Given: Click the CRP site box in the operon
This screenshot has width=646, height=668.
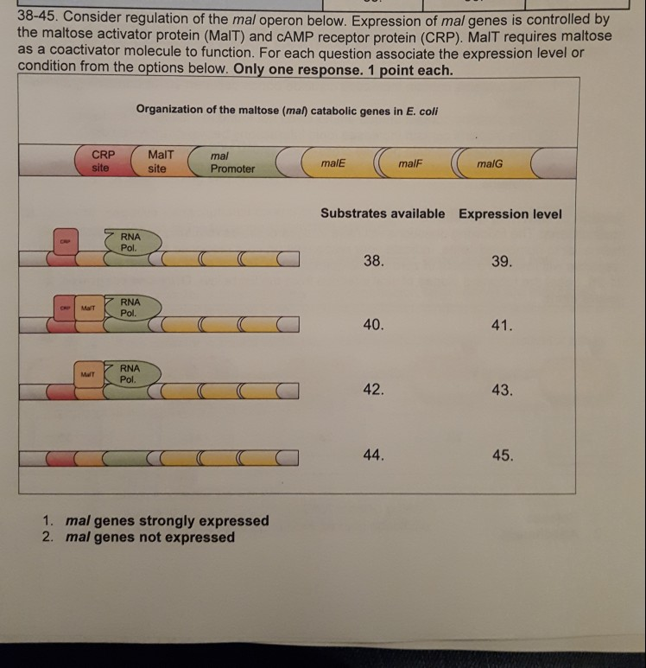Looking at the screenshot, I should pos(101,162).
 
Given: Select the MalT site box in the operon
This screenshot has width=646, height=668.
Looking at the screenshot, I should pos(159,162).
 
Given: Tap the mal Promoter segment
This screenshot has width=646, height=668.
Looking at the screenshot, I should pos(231,162).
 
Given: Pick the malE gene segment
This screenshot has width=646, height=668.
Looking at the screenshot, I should pos(332,162).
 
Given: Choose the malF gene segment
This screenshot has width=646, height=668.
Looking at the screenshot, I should pos(412,162).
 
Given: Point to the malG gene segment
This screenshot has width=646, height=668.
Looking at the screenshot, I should pos(490,162).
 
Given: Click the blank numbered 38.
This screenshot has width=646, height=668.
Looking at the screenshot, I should pos(373,260).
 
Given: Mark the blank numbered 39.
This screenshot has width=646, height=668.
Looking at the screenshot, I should pos(502,260).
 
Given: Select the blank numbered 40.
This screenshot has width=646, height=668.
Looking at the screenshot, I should pos(373,325).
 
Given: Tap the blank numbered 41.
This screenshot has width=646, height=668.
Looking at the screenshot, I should pos(502,326).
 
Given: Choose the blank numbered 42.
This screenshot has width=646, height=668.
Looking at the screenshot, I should pos(373,390).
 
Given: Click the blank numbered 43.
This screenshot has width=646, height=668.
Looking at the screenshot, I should pos(502,391).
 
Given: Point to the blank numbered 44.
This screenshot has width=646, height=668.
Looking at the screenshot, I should pos(373,455).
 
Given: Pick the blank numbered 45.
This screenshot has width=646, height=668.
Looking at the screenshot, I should pos(502,455).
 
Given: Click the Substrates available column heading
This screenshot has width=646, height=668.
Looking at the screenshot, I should pos(383,213).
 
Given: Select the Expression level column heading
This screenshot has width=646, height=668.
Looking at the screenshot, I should pos(510,213).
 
